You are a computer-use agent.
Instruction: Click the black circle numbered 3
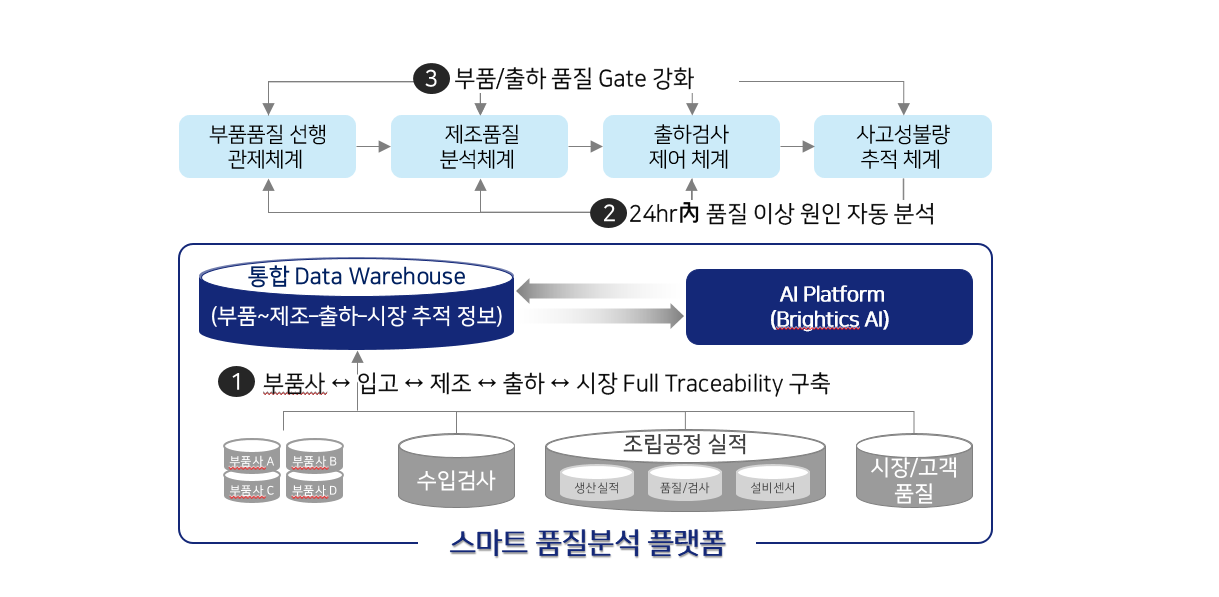431,79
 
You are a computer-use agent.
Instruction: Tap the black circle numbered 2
608,213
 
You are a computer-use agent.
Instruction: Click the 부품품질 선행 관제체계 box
267,146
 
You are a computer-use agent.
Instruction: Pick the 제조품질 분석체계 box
479,146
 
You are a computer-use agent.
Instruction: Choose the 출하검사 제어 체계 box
691,146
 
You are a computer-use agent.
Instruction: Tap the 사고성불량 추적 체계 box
903,146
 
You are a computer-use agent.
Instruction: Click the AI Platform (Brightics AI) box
829,307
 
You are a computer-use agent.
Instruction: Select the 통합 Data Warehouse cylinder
356,304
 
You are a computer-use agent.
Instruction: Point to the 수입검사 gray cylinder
457,471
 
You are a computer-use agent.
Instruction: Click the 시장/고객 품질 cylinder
914,471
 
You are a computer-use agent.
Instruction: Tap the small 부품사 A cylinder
252,456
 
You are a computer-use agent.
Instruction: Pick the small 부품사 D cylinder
315,486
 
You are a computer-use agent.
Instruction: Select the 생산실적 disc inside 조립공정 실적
597,482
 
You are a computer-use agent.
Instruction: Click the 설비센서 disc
773,482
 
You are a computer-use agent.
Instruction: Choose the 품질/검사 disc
685,482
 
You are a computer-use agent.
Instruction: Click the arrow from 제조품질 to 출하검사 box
585,146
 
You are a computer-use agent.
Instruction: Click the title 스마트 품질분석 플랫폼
588,543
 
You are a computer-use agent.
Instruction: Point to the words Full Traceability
702,384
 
